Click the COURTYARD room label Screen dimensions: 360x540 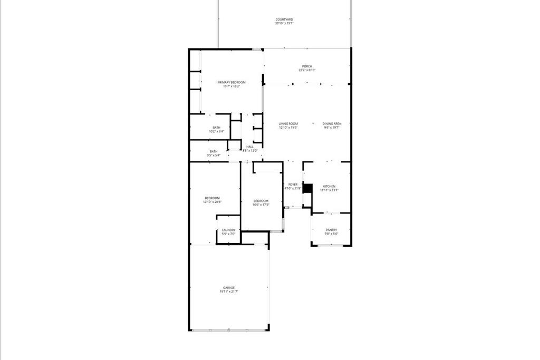pos(284,20)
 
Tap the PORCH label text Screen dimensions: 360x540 pos(307,66)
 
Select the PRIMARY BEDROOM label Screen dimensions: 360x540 pos(232,82)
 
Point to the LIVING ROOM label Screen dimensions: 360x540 pos(288,124)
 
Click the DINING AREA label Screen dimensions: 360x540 pos(332,124)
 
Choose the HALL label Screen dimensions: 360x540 pos(250,147)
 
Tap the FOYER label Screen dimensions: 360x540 pos(293,184)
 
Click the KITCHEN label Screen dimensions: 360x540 pos(329,187)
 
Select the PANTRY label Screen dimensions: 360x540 pos(331,230)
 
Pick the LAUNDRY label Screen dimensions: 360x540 pos(229,230)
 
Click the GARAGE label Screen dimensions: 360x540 pos(229,288)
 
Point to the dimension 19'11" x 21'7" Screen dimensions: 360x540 pos(229,291)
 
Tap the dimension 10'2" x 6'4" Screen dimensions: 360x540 pos(217,131)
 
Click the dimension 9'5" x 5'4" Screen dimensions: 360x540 pos(213,155)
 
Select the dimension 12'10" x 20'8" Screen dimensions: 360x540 pos(213,202)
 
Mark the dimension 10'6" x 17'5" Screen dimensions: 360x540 pos(261,205)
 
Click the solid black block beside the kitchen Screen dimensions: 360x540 pos(308,188)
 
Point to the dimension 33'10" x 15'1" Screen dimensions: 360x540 pos(284,23)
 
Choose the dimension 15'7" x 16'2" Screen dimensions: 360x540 pos(232,86)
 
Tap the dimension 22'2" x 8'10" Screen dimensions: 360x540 pos(307,70)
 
